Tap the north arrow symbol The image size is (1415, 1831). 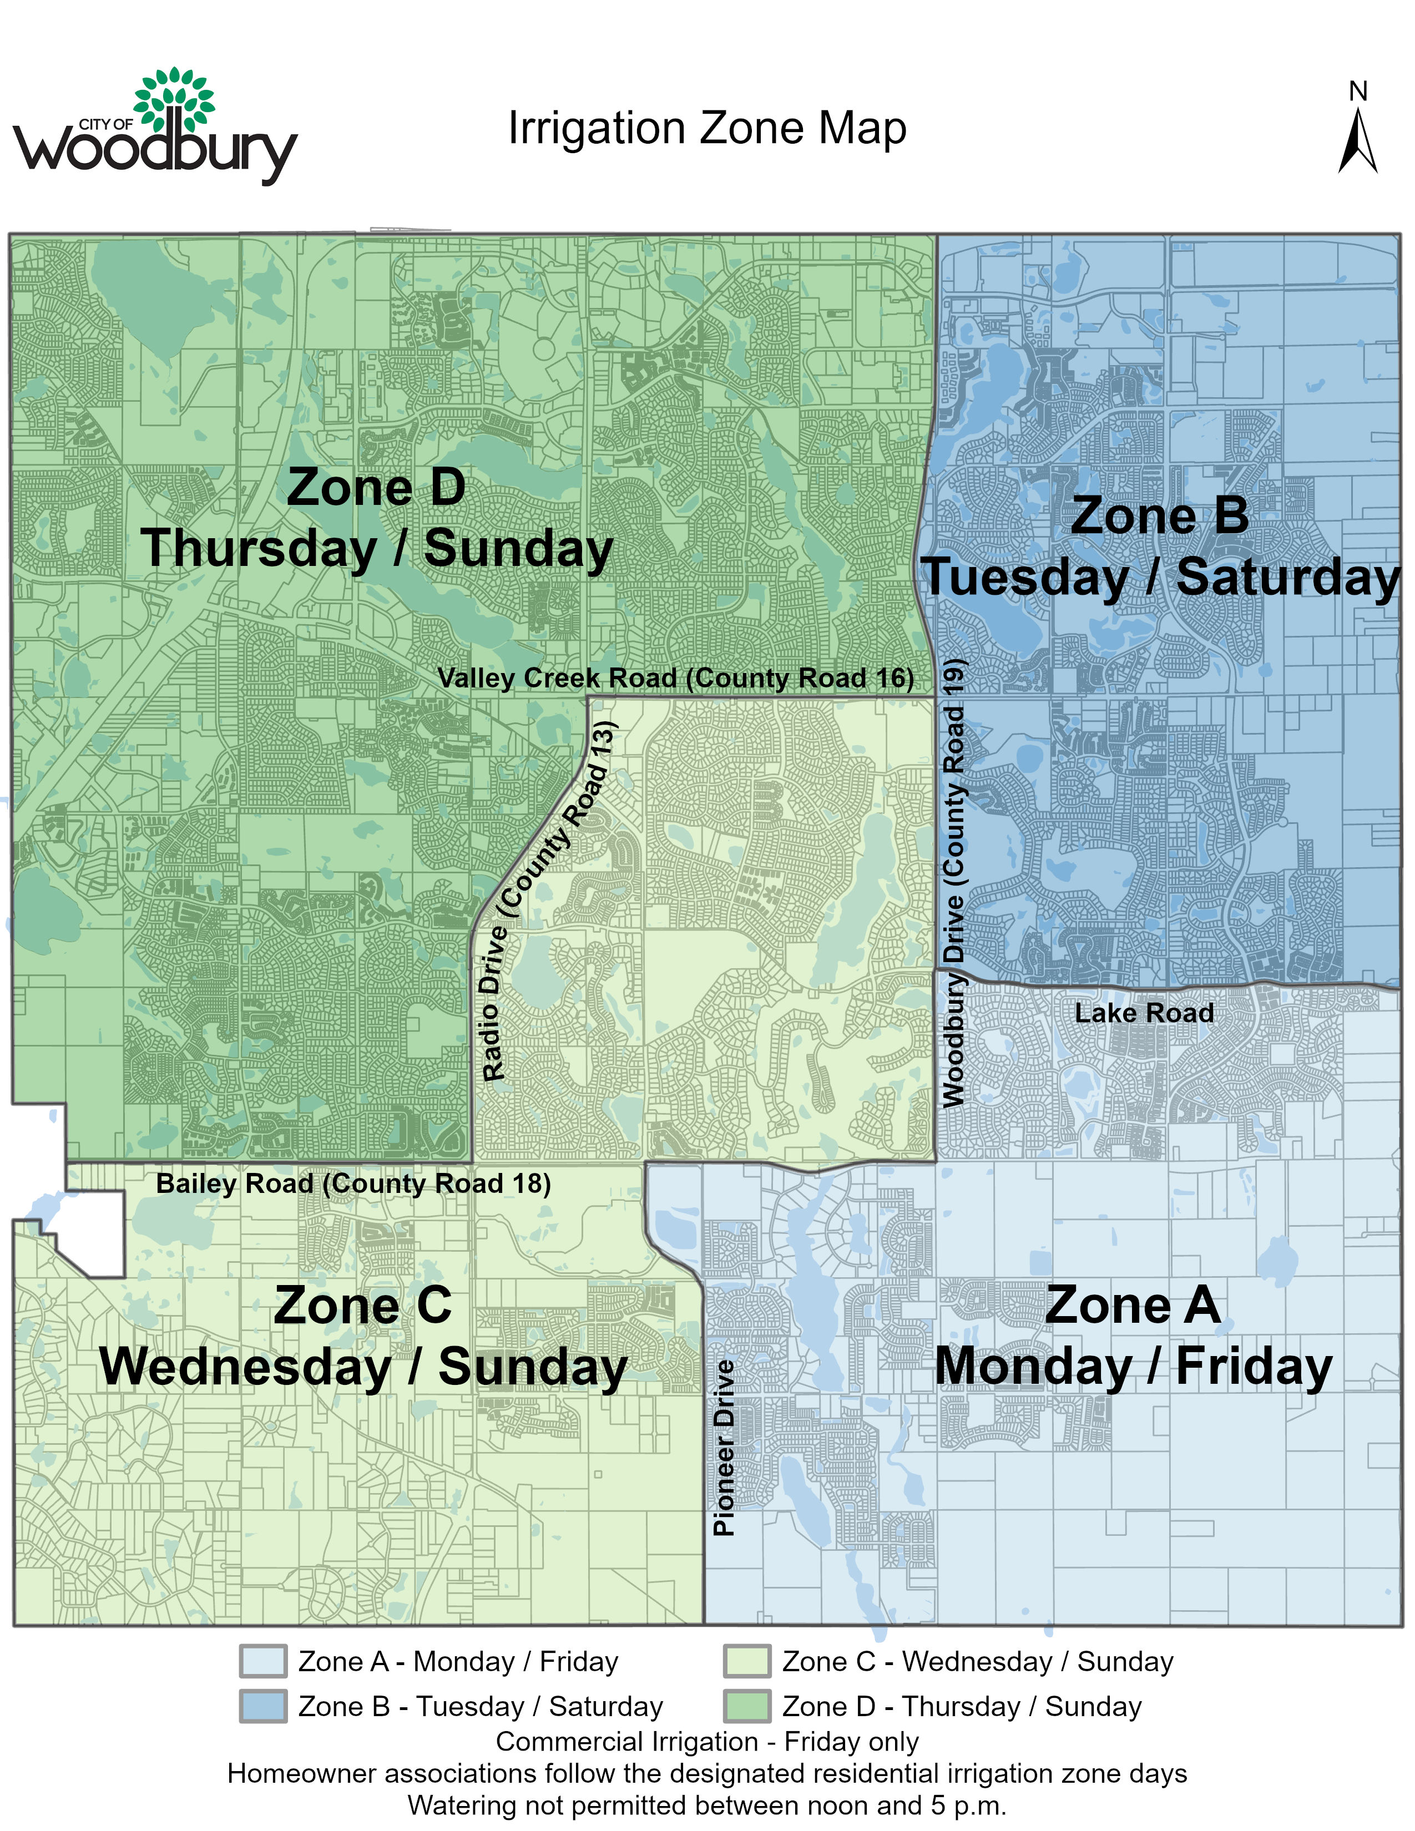click(1357, 143)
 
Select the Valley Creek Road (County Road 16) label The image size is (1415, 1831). click(676, 677)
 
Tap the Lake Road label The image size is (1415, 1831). click(1144, 1013)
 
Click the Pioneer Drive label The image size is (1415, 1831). click(724, 1448)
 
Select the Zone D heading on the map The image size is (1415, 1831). click(376, 487)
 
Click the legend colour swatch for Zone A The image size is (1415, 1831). click(262, 1661)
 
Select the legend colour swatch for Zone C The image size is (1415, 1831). click(746, 1661)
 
